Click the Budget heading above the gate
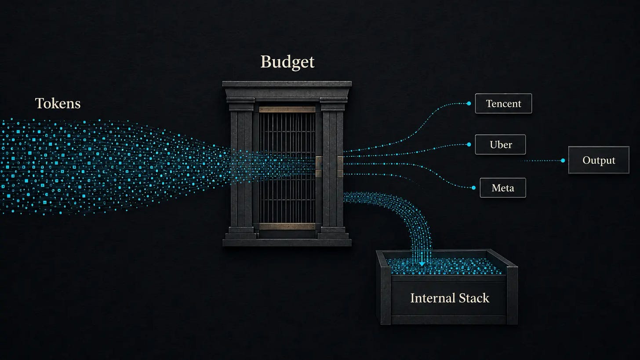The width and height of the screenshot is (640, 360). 287,62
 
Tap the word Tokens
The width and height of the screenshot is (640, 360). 58,103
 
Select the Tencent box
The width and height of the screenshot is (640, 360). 503,103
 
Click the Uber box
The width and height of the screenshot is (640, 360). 501,145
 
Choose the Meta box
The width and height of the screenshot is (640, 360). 503,188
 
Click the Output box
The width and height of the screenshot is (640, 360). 599,160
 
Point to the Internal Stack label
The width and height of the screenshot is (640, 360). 450,298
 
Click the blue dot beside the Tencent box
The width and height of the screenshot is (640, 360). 469,103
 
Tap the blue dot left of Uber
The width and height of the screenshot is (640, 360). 469,145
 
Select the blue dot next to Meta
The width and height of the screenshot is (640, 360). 474,188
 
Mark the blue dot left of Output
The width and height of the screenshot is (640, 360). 563,160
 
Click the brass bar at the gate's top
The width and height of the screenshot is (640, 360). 287,109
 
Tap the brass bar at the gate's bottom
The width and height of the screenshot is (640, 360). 287,226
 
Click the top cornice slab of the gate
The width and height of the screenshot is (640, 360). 287,84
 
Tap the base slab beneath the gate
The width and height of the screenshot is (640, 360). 287,243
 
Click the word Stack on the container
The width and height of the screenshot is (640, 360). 474,298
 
